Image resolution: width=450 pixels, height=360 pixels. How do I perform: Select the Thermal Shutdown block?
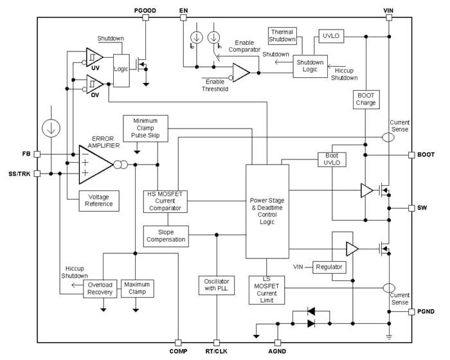click(x=282, y=35)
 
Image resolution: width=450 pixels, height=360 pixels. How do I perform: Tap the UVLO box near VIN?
click(x=332, y=37)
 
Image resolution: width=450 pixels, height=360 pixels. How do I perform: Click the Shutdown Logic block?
click(x=310, y=67)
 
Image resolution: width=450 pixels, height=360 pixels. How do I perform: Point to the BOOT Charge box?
click(x=365, y=98)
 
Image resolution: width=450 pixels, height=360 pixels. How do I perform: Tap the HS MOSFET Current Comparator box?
click(x=165, y=201)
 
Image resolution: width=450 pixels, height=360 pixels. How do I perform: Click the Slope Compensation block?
click(x=165, y=235)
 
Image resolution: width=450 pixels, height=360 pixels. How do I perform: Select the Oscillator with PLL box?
click(x=217, y=284)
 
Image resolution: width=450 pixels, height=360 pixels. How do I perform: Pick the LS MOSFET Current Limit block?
click(x=267, y=289)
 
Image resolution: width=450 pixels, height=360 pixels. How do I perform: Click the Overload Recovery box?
click(x=101, y=288)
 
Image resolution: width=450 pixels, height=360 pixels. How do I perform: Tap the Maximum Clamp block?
click(x=137, y=288)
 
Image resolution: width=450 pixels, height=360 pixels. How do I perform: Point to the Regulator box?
click(x=328, y=267)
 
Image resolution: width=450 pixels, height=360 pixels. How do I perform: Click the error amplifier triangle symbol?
click(x=93, y=164)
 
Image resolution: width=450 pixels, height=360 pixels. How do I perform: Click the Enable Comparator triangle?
click(x=240, y=72)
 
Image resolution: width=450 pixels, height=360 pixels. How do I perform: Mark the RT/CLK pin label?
click(x=217, y=352)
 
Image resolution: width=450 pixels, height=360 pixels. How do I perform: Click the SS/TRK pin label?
click(x=19, y=174)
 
